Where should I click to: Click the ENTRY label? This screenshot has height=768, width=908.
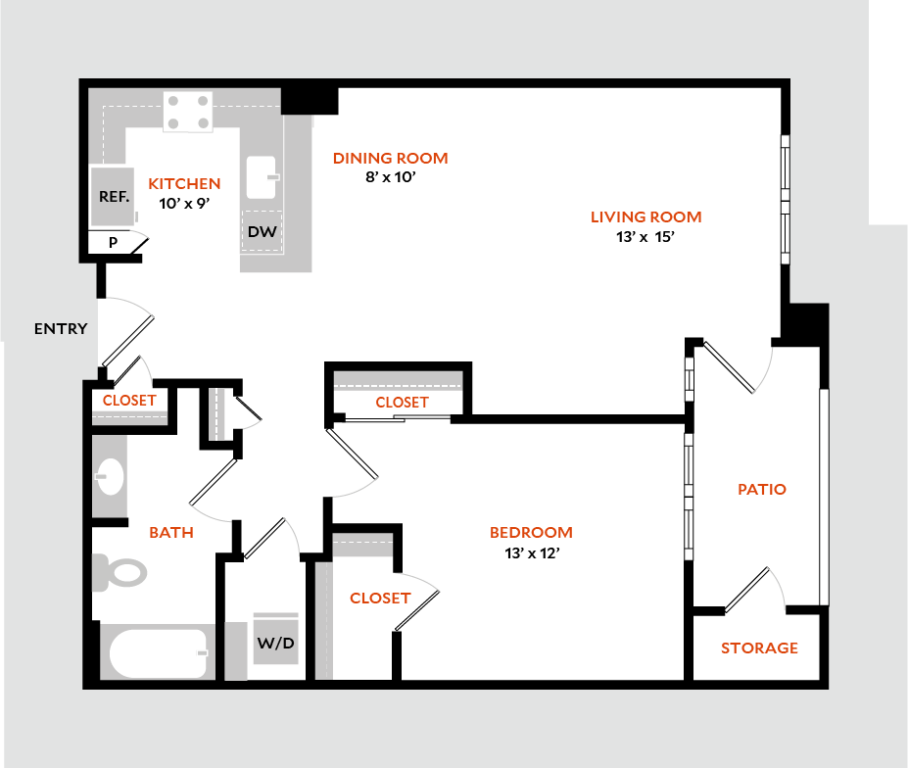(61, 329)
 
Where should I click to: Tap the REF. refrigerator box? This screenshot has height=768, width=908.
(114, 196)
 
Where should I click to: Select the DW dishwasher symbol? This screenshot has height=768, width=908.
(261, 232)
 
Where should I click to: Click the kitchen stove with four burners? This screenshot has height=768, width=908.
(188, 111)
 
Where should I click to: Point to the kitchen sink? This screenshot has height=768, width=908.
(263, 177)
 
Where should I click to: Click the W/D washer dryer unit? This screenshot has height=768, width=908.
(275, 643)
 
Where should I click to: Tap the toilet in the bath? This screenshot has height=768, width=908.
(117, 571)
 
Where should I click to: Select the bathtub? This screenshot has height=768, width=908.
(158, 653)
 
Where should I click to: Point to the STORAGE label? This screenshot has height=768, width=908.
(759, 648)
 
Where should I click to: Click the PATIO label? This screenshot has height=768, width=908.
(762, 489)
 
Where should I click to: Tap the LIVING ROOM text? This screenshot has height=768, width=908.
(645, 217)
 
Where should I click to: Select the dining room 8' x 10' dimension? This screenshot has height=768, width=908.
(390, 177)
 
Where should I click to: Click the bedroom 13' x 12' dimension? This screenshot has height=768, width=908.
(531, 552)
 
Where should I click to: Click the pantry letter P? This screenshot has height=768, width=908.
(113, 242)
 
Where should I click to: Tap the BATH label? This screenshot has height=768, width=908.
(170, 533)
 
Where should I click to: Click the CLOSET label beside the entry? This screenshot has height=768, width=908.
(129, 401)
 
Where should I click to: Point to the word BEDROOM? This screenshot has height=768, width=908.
(531, 533)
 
